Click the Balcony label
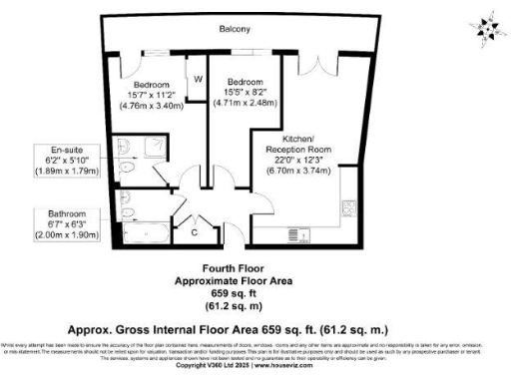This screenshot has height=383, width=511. coord(235,30)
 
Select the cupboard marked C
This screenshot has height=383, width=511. coord(194,232)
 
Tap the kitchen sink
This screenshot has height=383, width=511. coord(306,235)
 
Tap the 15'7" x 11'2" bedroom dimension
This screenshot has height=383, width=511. coord(152,95)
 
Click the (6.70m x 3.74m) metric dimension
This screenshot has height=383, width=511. coord(298,171)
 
